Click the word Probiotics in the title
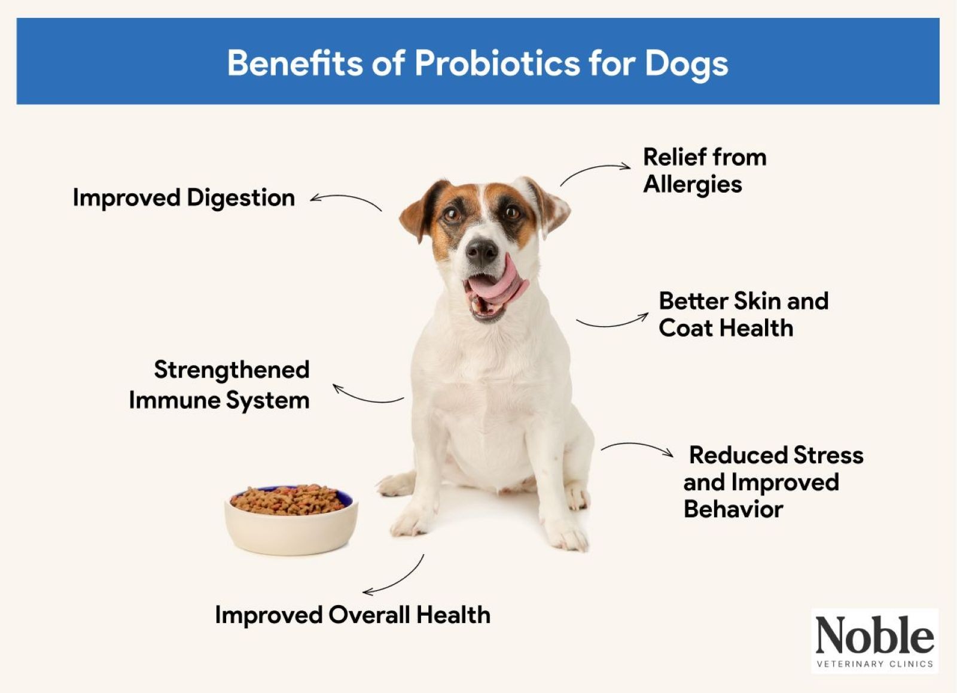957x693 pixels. [497, 63]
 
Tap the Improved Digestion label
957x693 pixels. [184, 198]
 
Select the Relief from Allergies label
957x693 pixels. [704, 171]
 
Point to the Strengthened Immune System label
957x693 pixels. [220, 385]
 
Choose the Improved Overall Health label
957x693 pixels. [352, 615]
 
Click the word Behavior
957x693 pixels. [733, 509]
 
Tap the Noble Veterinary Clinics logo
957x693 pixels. [874, 641]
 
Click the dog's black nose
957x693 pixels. [481, 251]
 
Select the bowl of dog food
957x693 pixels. [291, 518]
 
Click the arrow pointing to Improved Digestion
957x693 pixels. [346, 200]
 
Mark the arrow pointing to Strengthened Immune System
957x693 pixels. [367, 395]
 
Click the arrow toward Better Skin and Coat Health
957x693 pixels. [612, 322]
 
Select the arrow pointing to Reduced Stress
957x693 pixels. [637, 447]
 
